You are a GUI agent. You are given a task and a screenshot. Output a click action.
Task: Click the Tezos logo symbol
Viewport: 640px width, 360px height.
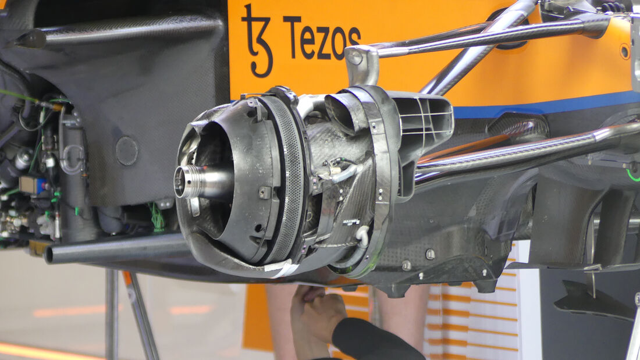[257, 41]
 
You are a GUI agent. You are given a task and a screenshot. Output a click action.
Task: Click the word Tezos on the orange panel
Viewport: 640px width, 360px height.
[322, 38]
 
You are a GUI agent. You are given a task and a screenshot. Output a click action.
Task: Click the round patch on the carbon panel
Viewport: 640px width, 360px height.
[126, 151]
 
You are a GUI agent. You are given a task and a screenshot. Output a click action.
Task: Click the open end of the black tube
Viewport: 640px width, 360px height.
[49, 255]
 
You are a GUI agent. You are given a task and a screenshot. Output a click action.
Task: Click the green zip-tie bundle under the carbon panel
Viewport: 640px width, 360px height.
[158, 218]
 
